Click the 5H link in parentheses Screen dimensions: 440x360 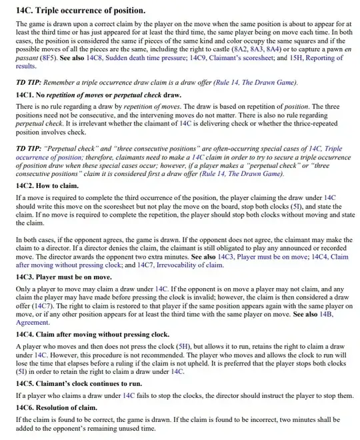(x=183, y=347)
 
